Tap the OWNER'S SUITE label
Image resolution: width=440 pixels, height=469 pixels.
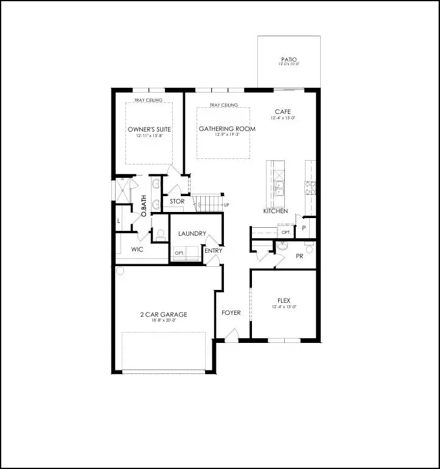pos(148,130)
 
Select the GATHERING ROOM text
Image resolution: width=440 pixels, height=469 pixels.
pos(227,129)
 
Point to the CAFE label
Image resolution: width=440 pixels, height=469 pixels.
pos(282,111)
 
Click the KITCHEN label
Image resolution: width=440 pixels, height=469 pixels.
pos(275,211)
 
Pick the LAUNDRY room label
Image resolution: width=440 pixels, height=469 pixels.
pos(192,234)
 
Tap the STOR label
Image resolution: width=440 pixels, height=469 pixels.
pos(177,201)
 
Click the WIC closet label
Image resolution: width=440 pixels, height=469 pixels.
pos(137,249)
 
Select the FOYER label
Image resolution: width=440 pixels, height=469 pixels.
pos(231,312)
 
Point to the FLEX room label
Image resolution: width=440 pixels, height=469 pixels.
pos(283,300)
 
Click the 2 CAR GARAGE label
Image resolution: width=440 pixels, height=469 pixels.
pos(162,314)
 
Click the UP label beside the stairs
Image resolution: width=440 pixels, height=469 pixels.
pos(226,205)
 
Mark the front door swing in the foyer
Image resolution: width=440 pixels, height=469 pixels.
pos(231,334)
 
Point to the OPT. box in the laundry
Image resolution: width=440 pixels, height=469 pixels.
pos(180,253)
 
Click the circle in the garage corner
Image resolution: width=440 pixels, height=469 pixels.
pos(120,270)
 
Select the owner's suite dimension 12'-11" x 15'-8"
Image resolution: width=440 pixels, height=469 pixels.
pos(148,136)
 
